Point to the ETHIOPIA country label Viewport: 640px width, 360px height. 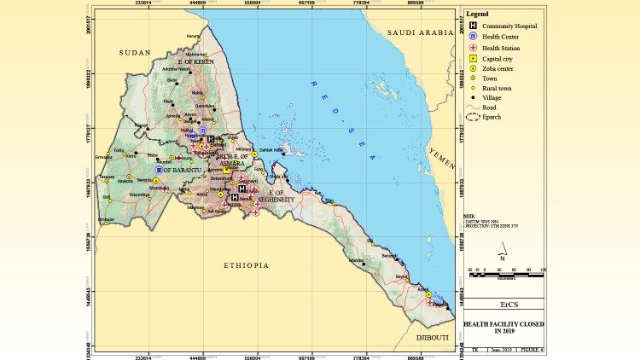247,265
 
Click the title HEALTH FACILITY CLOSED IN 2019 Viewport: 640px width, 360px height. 505,328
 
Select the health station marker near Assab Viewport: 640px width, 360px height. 429,302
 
